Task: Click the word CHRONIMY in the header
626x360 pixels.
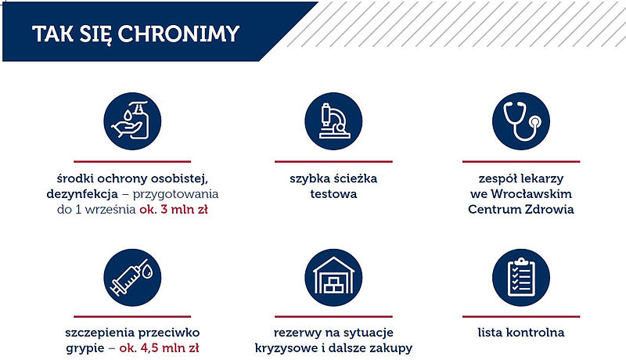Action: pos(178,34)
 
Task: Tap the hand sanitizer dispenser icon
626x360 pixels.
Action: pos(132,121)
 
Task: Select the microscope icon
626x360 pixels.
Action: pos(333,121)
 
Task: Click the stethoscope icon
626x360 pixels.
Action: pos(521,121)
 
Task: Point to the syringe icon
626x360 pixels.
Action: pos(132,277)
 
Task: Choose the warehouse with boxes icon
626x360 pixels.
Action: pos(333,277)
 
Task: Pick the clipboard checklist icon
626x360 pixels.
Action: pos(521,277)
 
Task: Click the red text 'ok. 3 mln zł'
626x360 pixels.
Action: pos(174,209)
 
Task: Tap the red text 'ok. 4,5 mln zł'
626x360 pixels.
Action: pos(159,348)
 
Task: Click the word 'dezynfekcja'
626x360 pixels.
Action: pos(82,194)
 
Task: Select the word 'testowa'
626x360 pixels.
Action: pos(333,194)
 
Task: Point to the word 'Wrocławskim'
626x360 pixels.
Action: pos(531,193)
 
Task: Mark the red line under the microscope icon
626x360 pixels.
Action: pos(333,162)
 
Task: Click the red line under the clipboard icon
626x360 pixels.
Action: pos(521,316)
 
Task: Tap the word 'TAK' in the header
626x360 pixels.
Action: pos(52,34)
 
